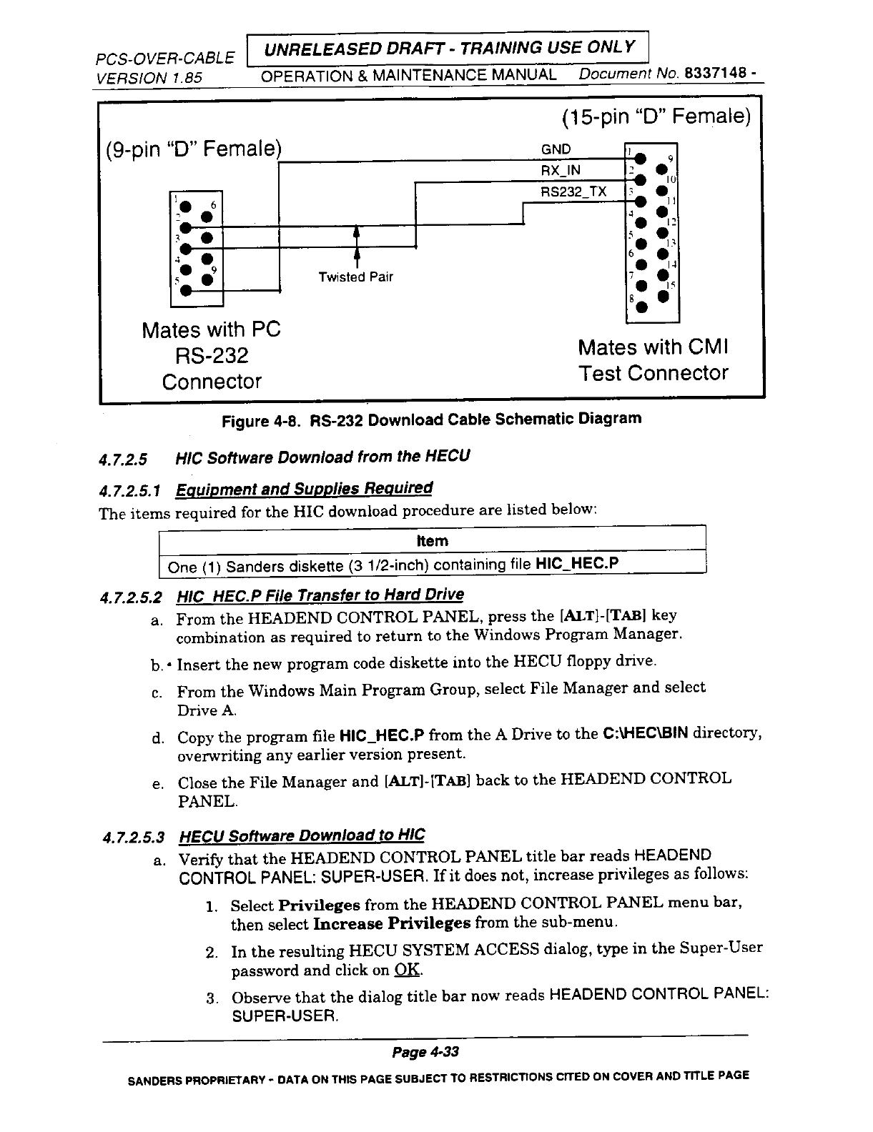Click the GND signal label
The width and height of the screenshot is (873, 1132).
[556, 149]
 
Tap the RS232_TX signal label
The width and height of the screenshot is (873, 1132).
[573, 192]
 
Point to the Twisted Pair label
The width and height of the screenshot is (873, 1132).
[355, 277]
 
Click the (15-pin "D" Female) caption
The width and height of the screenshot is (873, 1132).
[656, 116]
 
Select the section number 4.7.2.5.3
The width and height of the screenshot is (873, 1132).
[133, 838]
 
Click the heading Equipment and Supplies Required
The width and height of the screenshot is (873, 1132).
[305, 490]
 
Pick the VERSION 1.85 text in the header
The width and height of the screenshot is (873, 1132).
[150, 76]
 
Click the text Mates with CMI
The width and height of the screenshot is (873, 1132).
[652, 348]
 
